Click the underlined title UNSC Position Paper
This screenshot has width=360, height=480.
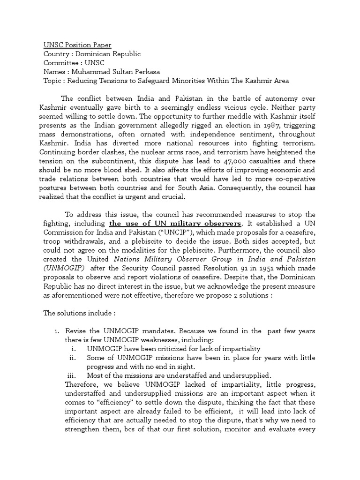point(77,45)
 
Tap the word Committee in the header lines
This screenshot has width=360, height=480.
point(61,63)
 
